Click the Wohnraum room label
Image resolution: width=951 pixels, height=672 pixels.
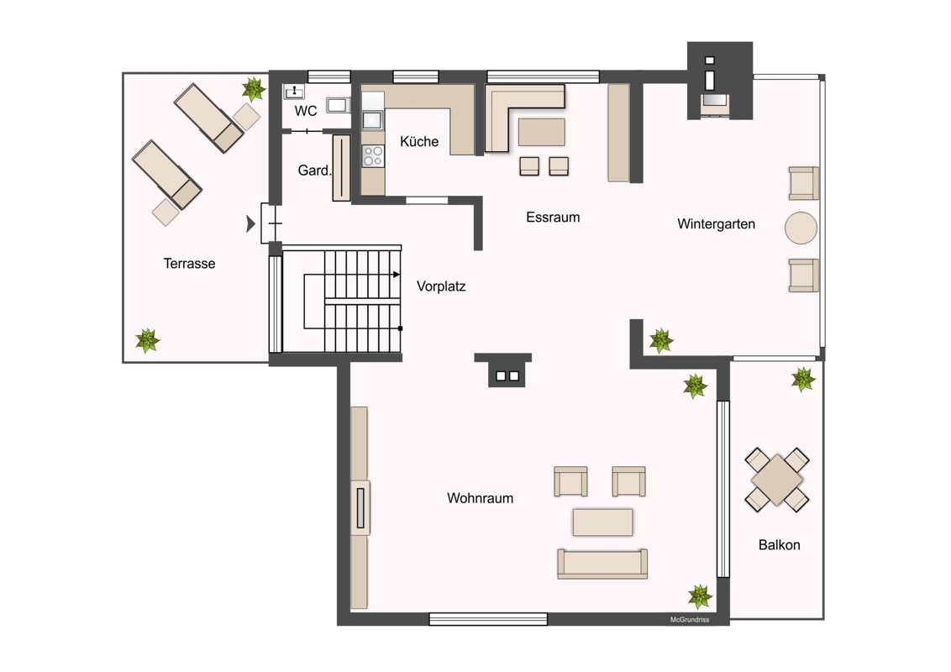(x=480, y=498)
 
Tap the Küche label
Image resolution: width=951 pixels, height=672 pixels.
(x=419, y=141)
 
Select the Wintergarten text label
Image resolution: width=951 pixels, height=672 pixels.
(x=717, y=223)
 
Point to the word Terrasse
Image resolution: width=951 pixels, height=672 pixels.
(x=189, y=263)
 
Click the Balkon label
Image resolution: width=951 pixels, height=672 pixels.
(x=780, y=544)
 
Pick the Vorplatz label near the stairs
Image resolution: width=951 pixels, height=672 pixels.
(x=441, y=286)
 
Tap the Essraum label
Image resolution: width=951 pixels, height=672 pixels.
(x=553, y=217)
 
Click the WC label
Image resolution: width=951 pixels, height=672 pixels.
(x=306, y=111)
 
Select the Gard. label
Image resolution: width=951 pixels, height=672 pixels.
(x=314, y=171)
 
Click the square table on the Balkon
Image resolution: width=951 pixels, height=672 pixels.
(x=777, y=480)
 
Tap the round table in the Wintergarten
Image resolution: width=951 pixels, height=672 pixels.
(x=801, y=228)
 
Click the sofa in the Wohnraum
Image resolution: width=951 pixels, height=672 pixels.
(x=602, y=564)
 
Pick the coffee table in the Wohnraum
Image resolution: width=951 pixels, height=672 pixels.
(x=603, y=522)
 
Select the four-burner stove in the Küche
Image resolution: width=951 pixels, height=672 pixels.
(x=373, y=156)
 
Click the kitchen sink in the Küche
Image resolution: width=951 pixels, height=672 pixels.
(x=372, y=120)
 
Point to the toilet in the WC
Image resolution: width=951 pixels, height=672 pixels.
(x=338, y=105)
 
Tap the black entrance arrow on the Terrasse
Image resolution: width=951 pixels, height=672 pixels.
(x=250, y=223)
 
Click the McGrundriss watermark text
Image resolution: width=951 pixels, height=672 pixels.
(x=690, y=620)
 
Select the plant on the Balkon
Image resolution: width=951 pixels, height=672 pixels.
(x=803, y=379)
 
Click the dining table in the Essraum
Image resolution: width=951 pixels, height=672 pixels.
(x=542, y=132)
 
